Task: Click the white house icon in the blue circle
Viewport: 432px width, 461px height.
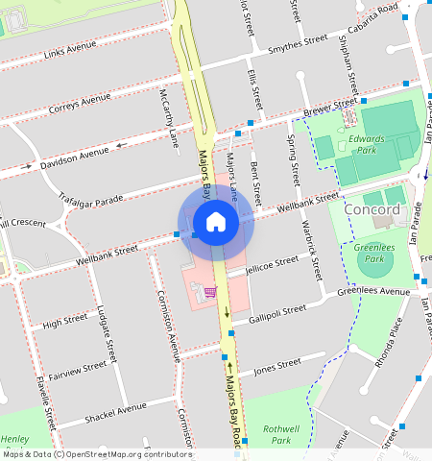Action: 216,223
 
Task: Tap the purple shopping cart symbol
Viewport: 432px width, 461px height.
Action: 209,292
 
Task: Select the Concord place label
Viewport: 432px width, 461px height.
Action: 371,210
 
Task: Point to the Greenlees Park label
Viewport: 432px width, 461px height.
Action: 368,253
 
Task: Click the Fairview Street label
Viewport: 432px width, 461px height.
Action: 77,368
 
